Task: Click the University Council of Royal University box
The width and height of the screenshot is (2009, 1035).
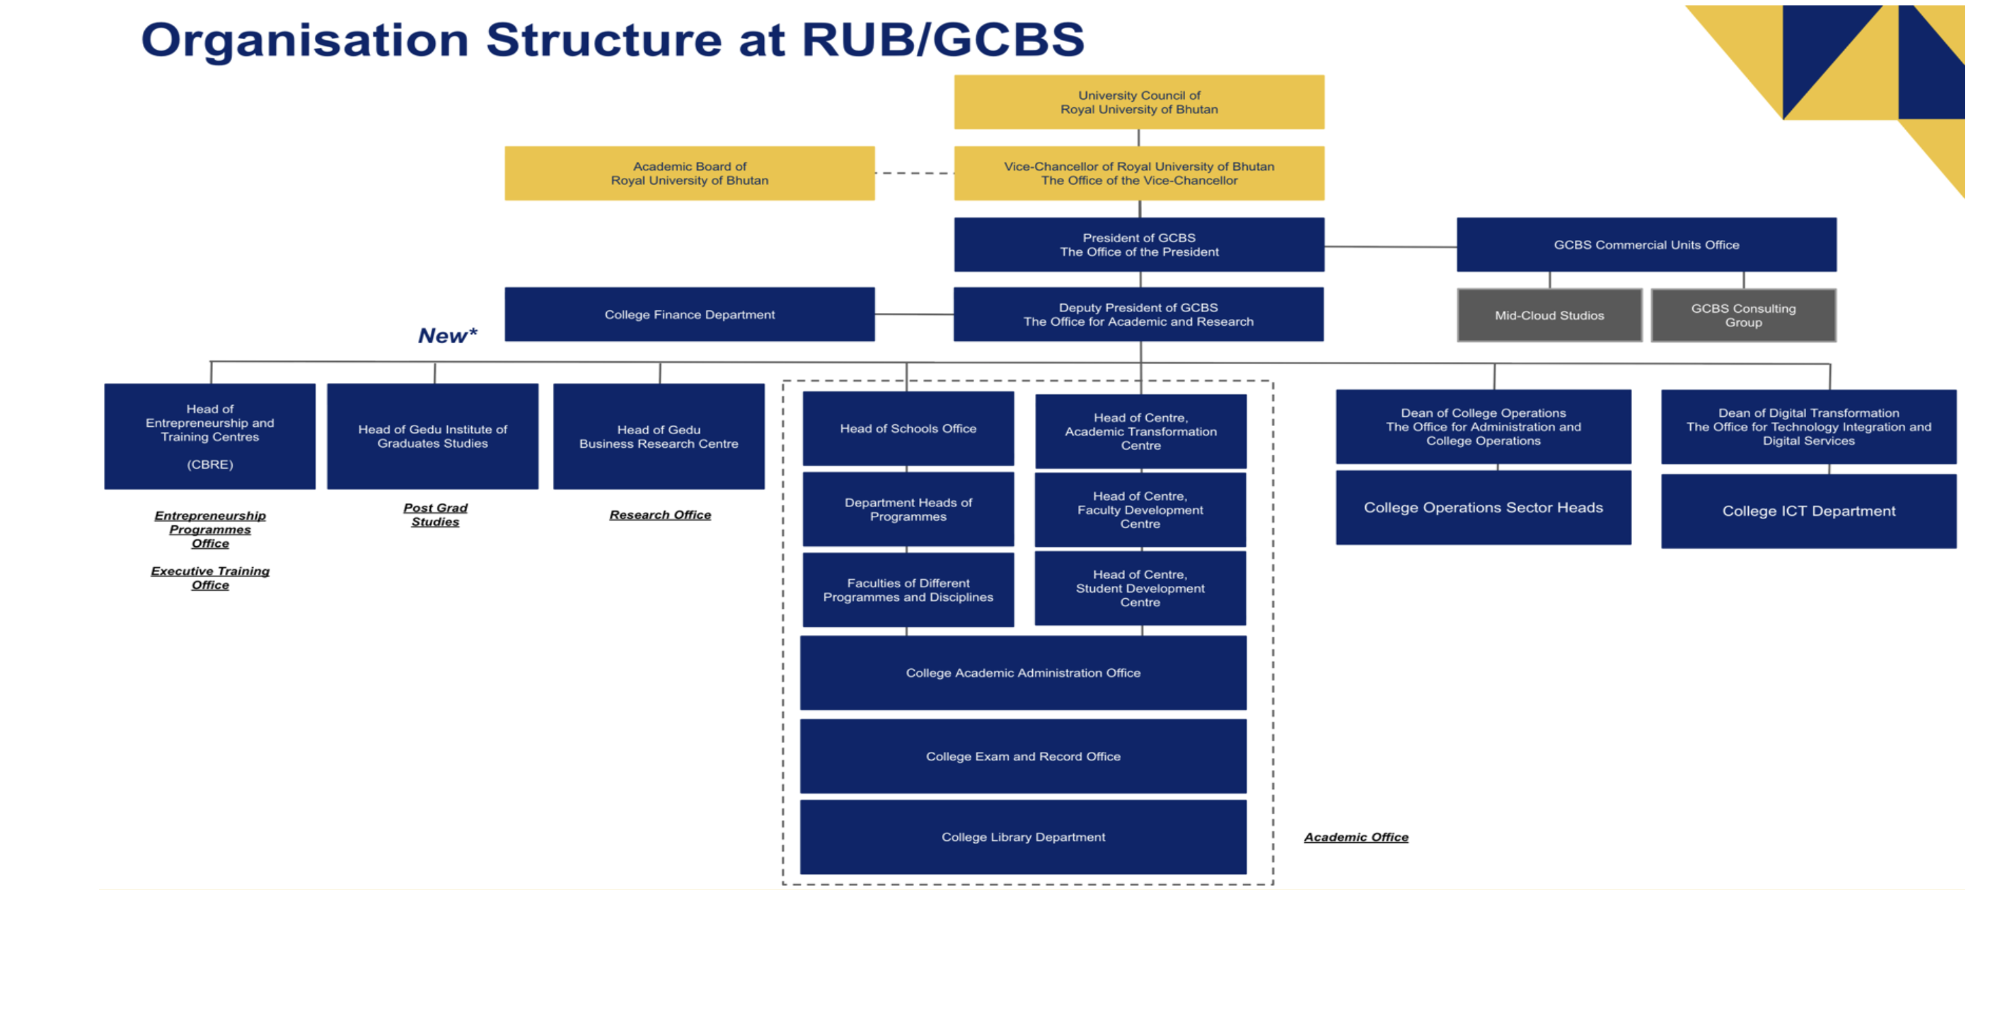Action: coord(1139,102)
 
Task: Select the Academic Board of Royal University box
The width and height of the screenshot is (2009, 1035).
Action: coord(690,173)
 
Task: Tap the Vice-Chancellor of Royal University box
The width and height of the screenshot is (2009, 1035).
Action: coord(1139,173)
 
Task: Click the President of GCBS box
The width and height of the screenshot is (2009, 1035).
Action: coord(1139,244)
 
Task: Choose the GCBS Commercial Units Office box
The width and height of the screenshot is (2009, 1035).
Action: coord(1646,244)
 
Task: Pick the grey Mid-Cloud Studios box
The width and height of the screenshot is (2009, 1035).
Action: coord(1549,315)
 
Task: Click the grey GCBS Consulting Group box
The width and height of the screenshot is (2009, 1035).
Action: coord(1743,315)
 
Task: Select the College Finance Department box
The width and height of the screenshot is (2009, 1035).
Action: coord(690,314)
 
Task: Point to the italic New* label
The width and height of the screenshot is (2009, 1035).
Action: coord(447,335)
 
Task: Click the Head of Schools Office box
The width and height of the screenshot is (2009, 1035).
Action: coord(908,428)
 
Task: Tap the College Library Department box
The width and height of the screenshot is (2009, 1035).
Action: coord(1023,837)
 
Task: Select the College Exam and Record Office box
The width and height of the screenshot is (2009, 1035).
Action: coord(1023,756)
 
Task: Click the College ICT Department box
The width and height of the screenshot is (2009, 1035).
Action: coord(1808,511)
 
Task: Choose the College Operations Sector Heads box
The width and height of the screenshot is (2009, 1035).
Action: coord(1482,507)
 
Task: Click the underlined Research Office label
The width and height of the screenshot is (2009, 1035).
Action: coord(660,514)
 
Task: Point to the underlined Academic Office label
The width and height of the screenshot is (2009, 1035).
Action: coord(1356,837)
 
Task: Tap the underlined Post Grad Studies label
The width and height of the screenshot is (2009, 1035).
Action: coord(436,514)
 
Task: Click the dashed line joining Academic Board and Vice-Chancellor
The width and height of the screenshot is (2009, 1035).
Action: coord(914,173)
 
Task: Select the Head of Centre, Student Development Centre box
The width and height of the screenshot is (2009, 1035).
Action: coord(1139,588)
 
